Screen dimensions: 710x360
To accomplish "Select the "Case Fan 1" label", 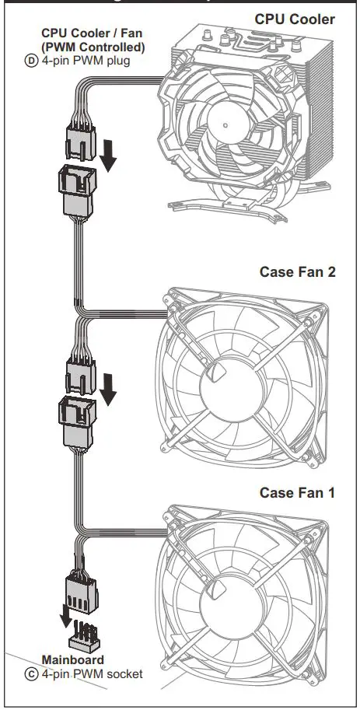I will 297,492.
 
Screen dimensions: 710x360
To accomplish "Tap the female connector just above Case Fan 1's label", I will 77,420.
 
